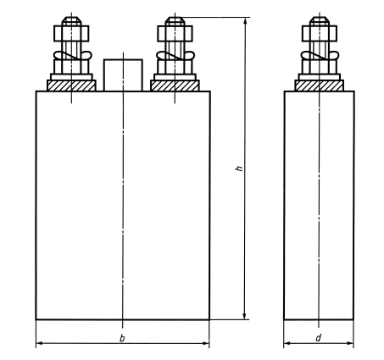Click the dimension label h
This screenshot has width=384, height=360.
[x=240, y=169]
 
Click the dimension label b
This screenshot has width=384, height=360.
[x=122, y=338]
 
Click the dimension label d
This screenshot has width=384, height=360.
[x=319, y=338]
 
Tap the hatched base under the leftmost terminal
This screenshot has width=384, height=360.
[x=71, y=86]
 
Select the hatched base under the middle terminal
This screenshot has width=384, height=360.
[x=175, y=86]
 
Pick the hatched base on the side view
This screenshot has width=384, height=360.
[x=320, y=86]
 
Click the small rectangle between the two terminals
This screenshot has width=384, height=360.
[x=123, y=75]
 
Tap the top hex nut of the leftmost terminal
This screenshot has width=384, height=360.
[x=71, y=34]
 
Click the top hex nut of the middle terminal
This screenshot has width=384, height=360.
[x=175, y=34]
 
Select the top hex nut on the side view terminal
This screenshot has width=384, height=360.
[x=320, y=34]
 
